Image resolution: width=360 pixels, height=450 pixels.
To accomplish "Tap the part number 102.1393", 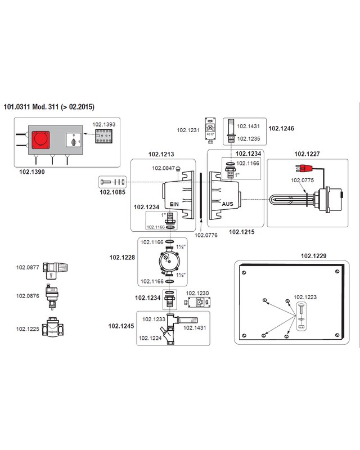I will (x=104, y=124).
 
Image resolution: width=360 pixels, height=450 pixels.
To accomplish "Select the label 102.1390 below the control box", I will (x=32, y=172).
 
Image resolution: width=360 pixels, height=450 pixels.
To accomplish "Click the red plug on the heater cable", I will (x=304, y=168).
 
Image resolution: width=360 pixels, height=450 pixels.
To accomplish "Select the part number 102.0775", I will (x=302, y=180).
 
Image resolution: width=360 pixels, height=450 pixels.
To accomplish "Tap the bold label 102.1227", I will (x=307, y=154).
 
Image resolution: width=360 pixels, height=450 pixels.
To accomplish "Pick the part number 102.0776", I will (x=206, y=235).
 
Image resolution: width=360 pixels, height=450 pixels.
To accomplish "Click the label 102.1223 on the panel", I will (x=305, y=297).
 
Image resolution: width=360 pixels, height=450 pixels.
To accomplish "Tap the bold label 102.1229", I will (x=313, y=256).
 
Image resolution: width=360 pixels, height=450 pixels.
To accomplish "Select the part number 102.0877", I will (x=28, y=268).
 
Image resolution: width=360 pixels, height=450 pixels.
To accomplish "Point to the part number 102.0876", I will (x=28, y=296).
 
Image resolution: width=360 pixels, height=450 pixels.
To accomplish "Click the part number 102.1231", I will (x=188, y=130).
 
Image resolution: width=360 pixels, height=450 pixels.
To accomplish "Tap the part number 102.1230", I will (x=197, y=293).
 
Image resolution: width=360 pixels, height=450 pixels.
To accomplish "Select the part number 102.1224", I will (x=150, y=338).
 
